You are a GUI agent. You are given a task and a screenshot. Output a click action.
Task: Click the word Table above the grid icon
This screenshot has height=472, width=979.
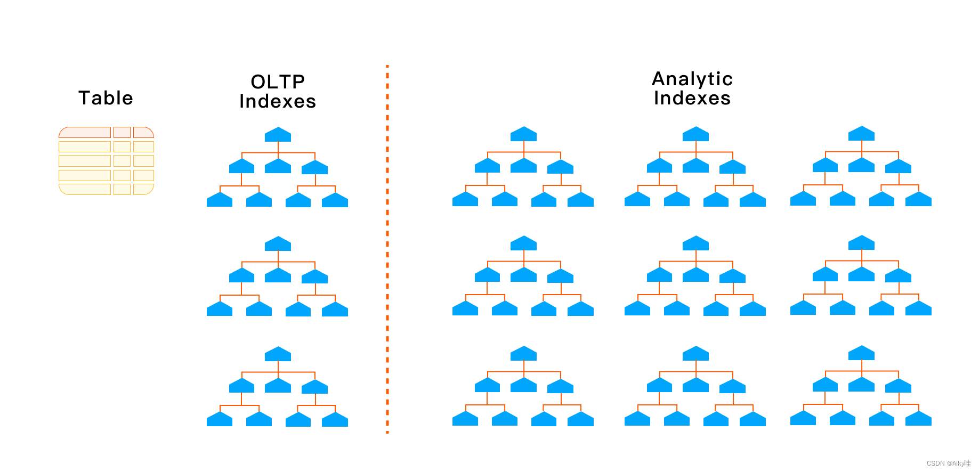click(106, 98)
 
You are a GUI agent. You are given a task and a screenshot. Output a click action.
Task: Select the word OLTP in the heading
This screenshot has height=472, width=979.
click(278, 82)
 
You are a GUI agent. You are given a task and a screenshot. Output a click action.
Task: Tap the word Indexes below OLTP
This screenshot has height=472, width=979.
click(278, 101)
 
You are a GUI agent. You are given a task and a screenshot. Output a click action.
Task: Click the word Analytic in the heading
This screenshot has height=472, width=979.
click(692, 79)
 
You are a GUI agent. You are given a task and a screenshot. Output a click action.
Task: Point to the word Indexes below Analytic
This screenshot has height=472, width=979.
click(692, 98)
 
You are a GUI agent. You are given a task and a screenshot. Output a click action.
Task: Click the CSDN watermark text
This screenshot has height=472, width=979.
click(948, 463)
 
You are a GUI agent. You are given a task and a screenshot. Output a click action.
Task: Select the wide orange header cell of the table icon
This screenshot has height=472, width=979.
click(85, 132)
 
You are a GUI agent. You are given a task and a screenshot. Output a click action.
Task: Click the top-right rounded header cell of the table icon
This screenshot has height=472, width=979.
click(143, 132)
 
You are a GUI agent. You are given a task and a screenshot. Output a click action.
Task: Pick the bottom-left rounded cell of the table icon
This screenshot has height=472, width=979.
click(85, 189)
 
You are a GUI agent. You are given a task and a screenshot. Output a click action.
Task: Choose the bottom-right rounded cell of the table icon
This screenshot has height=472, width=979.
click(143, 189)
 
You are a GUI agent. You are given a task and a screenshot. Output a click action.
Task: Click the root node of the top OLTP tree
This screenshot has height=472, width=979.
click(278, 135)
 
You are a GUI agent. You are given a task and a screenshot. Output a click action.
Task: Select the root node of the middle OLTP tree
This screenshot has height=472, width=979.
click(278, 244)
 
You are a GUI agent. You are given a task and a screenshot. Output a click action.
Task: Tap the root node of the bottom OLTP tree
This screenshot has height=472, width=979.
click(278, 354)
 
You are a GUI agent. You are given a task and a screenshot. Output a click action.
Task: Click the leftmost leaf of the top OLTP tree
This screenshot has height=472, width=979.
click(220, 200)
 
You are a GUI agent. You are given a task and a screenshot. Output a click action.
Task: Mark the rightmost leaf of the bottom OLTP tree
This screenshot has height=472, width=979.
click(335, 420)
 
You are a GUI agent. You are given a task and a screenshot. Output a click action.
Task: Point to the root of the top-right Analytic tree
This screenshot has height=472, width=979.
click(861, 134)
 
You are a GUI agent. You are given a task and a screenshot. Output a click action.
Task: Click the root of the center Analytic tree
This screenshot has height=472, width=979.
click(695, 243)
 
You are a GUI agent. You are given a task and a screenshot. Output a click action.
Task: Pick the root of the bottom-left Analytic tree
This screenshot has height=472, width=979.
click(523, 354)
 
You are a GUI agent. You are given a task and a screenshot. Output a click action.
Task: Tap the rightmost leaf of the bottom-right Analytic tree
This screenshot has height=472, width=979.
click(918, 419)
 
